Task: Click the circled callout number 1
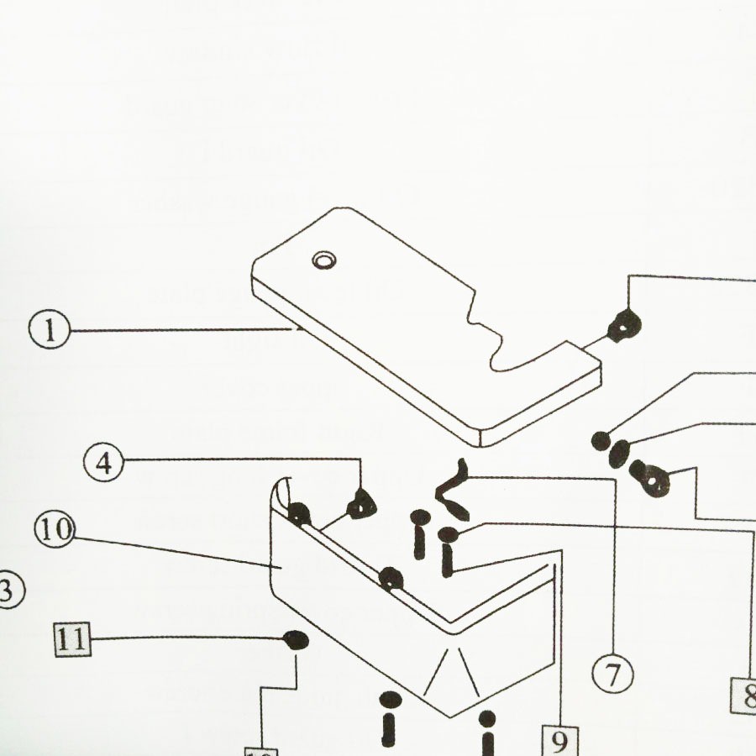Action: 50,330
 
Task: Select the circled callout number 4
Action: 103,463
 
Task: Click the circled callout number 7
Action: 614,674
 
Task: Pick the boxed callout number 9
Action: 559,740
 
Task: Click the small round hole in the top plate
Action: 322,260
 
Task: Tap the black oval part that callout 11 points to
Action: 297,640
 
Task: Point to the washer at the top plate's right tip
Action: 625,323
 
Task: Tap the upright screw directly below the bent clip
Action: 420,534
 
